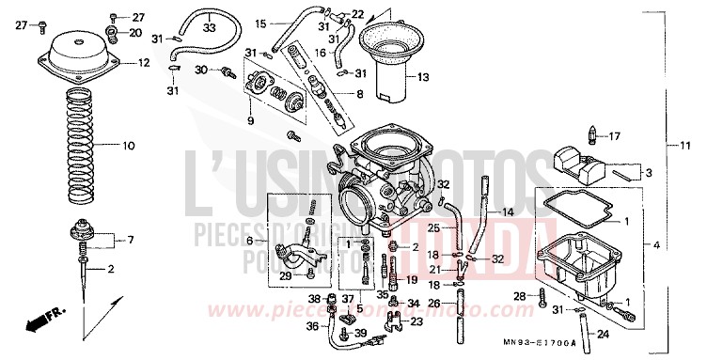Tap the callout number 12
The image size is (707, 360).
(x=143, y=63)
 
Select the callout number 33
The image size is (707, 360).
(x=209, y=28)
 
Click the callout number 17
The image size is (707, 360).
(x=615, y=135)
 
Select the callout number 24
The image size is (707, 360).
(x=603, y=334)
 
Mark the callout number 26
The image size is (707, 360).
(x=434, y=303)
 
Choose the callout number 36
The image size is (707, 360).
(x=312, y=325)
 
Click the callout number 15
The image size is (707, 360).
(x=261, y=23)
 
